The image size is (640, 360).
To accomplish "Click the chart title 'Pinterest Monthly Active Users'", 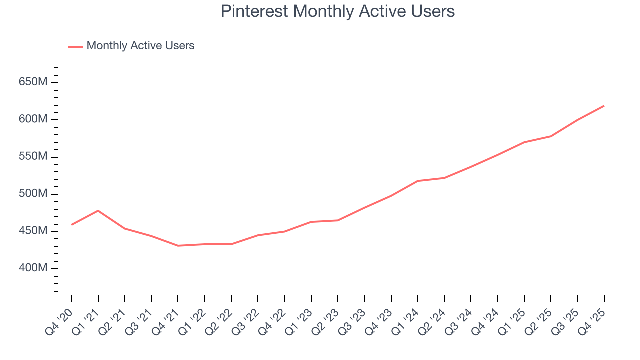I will [337, 11].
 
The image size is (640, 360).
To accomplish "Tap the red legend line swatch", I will [75, 46].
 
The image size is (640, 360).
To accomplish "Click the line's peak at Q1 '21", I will [98, 211].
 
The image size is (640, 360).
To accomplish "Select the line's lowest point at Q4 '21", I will [178, 246].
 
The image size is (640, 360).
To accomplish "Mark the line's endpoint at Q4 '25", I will [604, 106].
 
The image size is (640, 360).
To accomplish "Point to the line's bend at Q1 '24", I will [418, 181].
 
